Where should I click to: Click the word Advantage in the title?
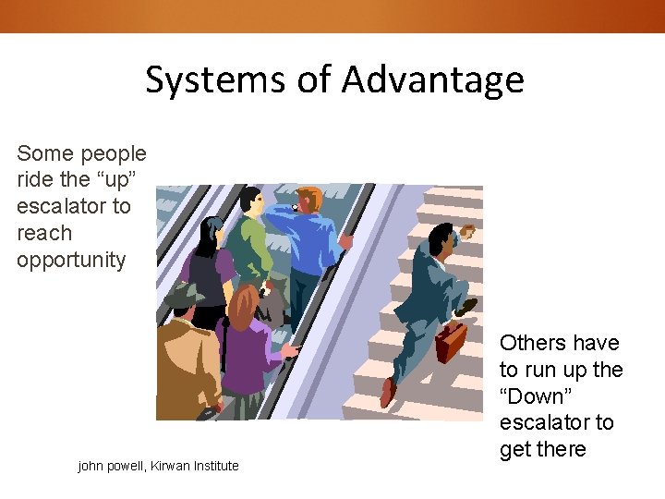[x=432, y=80]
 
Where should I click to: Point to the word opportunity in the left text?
[x=70, y=260]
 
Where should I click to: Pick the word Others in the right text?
[x=533, y=343]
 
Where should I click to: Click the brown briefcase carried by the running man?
[x=451, y=343]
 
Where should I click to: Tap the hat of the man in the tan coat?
[x=185, y=296]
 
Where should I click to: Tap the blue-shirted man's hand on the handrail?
[x=345, y=242]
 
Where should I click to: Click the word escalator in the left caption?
[x=73, y=206]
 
